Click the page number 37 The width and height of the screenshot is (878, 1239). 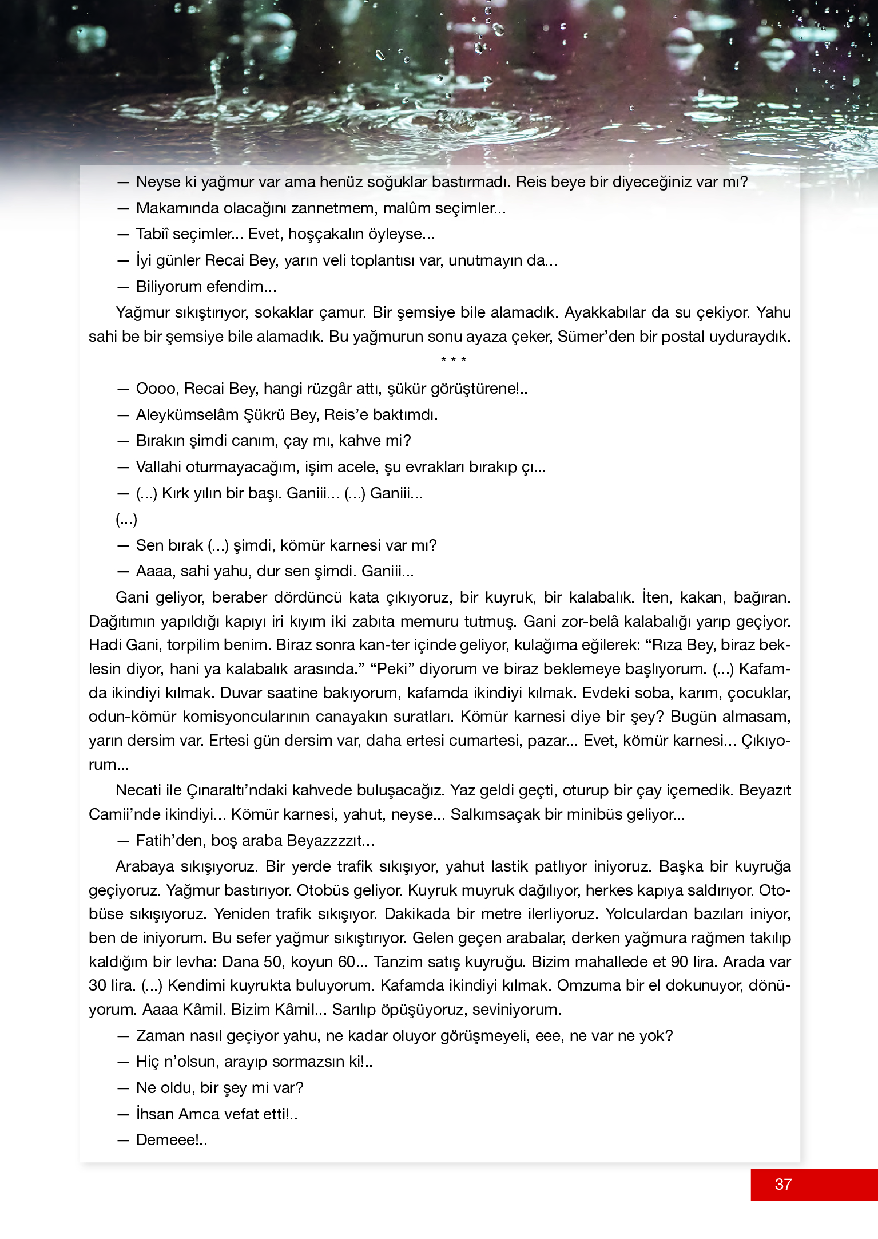[783, 1184]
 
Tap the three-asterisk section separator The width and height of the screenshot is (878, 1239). [454, 360]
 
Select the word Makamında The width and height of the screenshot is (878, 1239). [177, 208]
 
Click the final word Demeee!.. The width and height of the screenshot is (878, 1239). [171, 1140]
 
